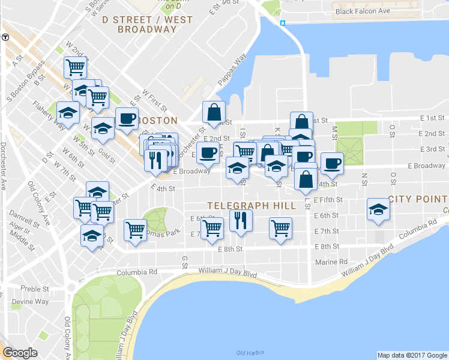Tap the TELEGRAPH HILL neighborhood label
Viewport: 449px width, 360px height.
(x=251, y=206)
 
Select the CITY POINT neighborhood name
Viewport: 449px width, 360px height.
(x=418, y=199)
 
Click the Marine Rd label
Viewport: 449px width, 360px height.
(x=331, y=262)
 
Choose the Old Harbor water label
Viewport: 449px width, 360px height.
(x=250, y=352)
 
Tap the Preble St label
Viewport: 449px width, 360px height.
(x=31, y=289)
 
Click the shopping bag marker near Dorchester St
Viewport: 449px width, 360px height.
(x=214, y=112)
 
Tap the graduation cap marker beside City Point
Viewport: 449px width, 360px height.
(x=378, y=209)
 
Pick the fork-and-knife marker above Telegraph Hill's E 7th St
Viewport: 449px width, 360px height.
(x=241, y=220)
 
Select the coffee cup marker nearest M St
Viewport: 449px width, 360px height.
(x=331, y=163)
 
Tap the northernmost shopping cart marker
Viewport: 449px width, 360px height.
(x=76, y=67)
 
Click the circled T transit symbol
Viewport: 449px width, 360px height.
(x=5, y=37)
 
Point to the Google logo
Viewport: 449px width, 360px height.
(x=20, y=353)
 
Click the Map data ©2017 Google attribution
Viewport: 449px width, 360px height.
(x=412, y=355)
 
